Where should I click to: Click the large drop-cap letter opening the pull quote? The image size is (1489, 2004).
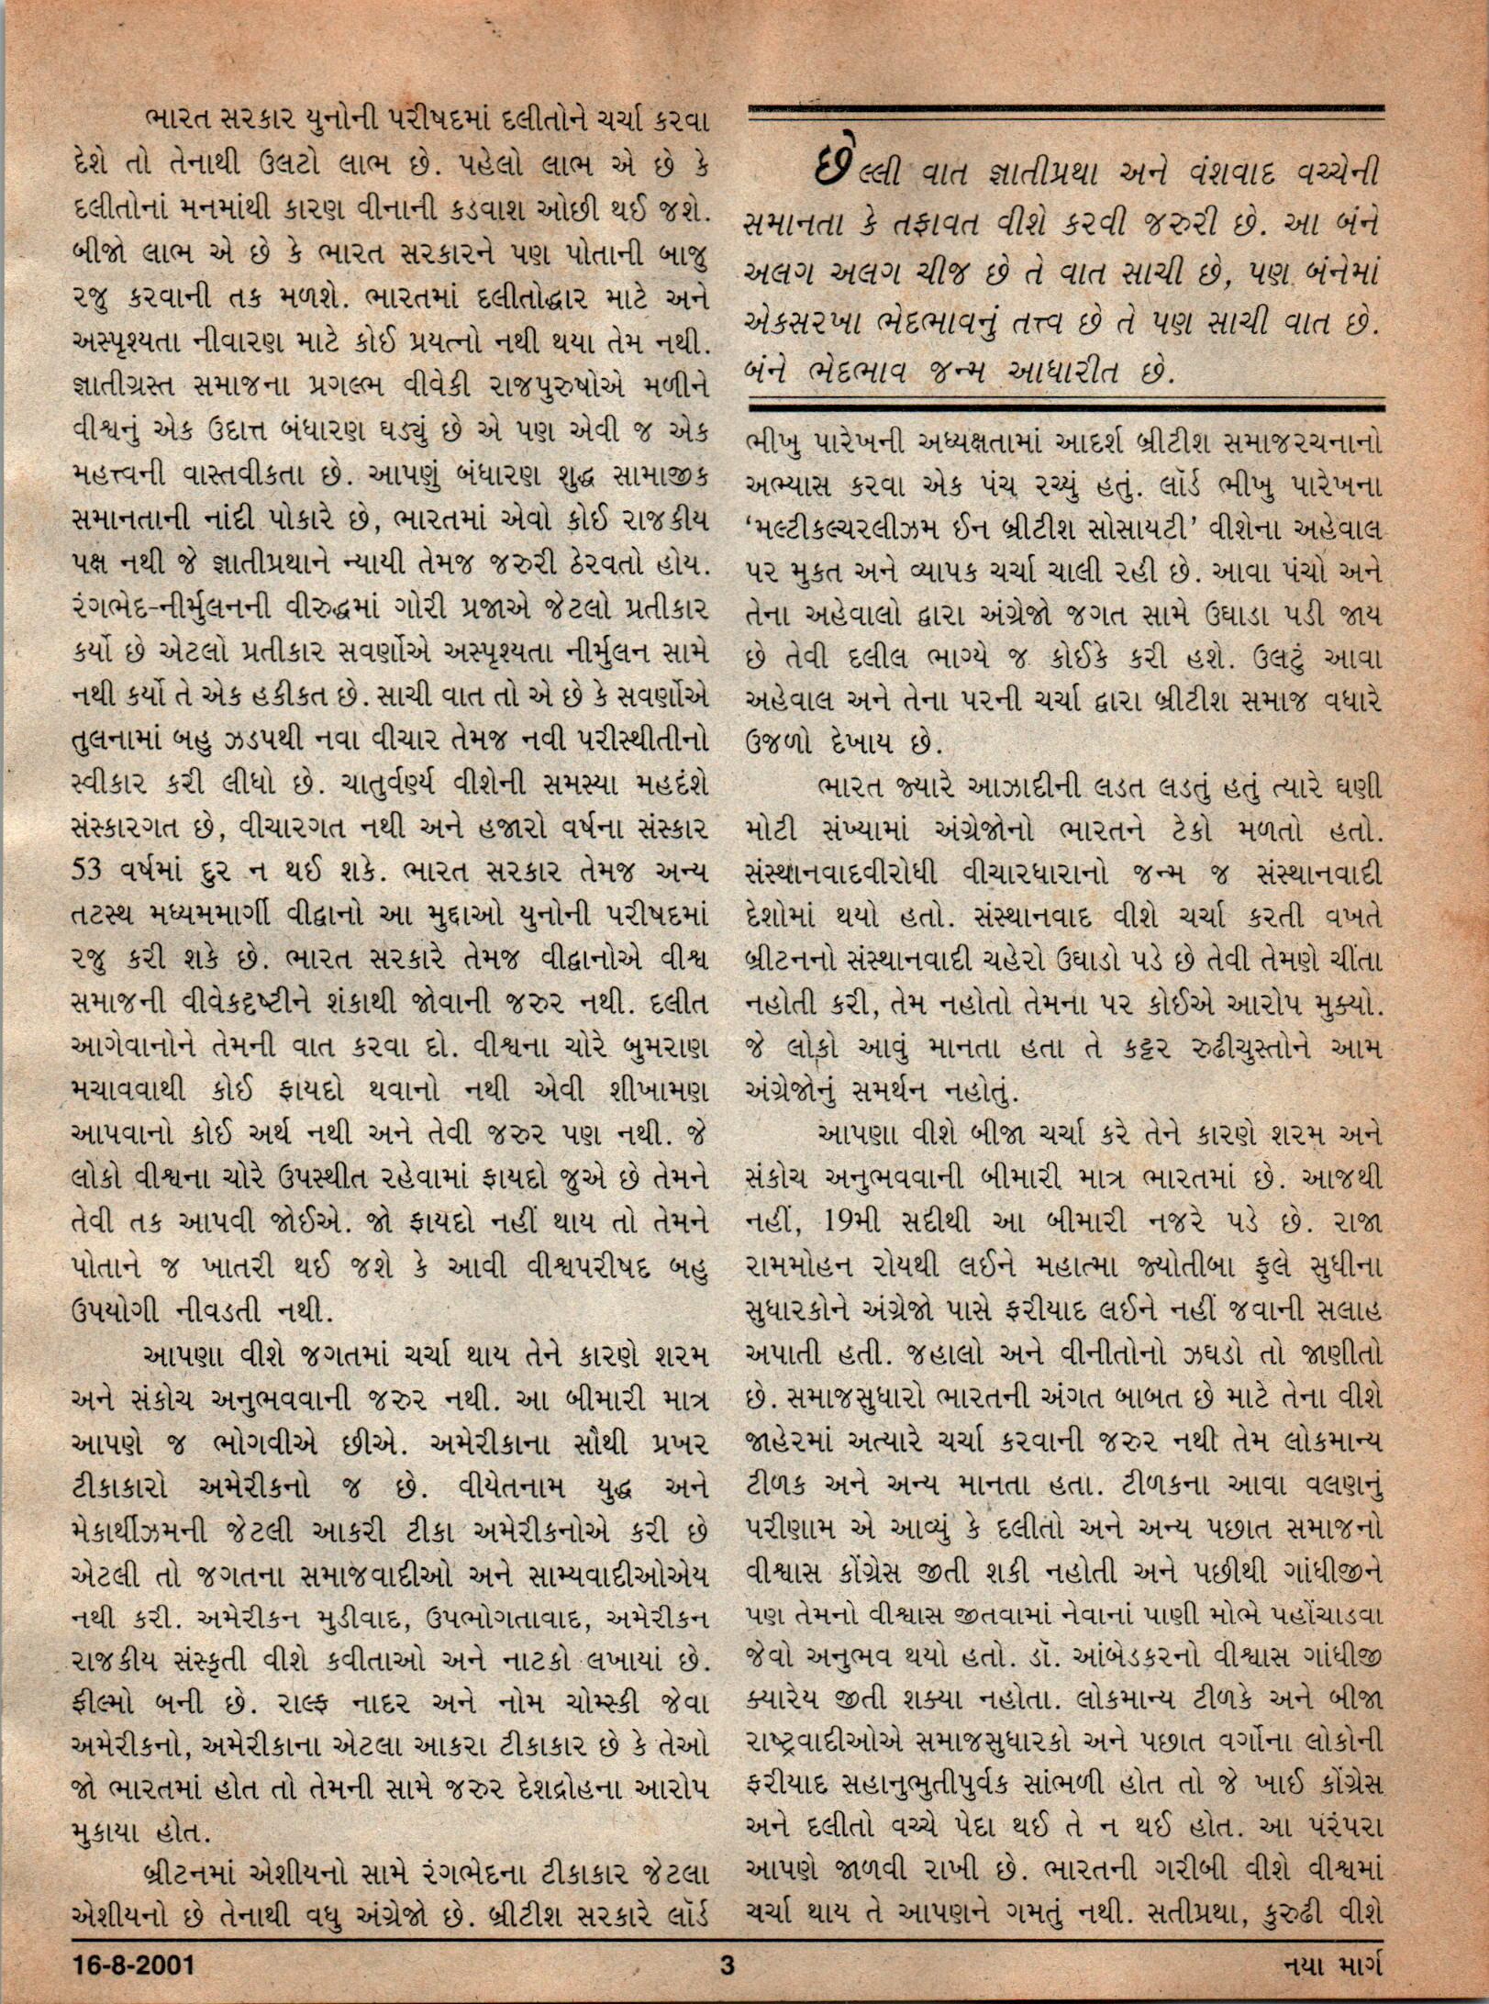[x=828, y=162]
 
